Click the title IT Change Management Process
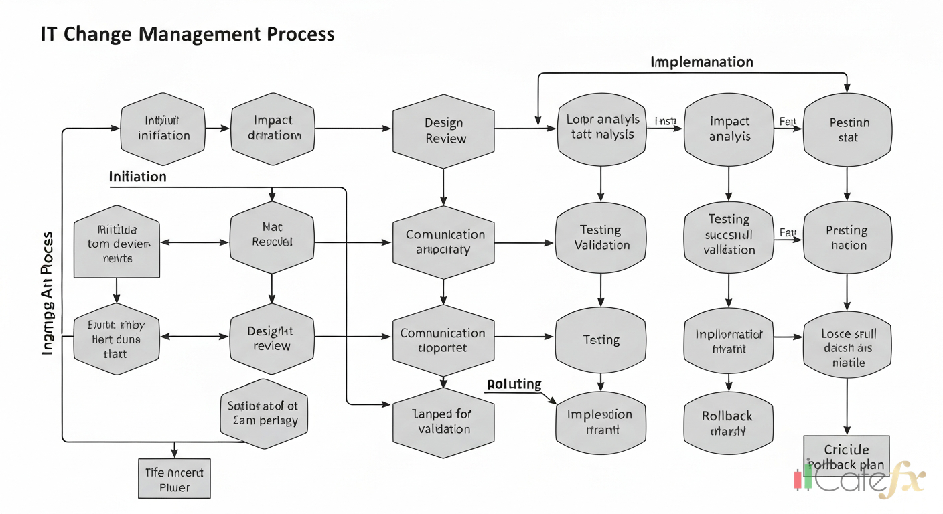pos(187,34)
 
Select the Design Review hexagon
pos(444,131)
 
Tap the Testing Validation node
pos(601,238)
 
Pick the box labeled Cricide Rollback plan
pos(847,457)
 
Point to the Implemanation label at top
pos(701,62)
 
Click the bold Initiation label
pos(137,177)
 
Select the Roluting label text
pos(514,384)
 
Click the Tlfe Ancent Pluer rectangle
pos(174,479)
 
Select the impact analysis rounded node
pos(729,129)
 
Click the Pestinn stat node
pos(848,130)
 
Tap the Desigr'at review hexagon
pos(271,338)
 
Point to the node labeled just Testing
pos(601,340)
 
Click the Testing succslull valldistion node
pos(729,234)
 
